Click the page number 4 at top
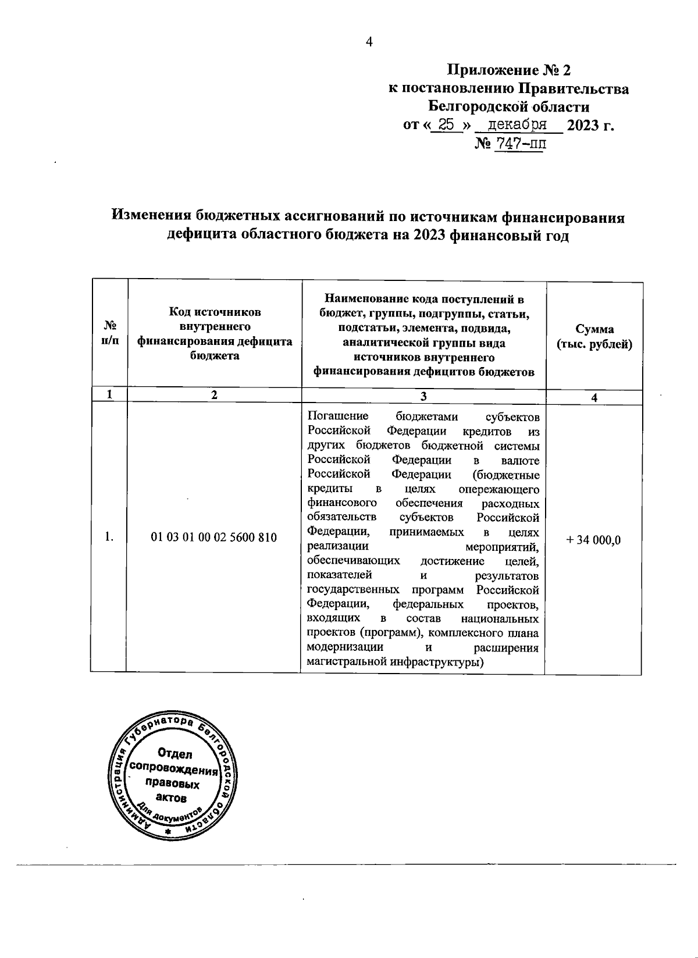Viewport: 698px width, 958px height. (x=368, y=42)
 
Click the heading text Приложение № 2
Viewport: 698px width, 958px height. (x=508, y=71)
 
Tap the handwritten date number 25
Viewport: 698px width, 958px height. (x=447, y=124)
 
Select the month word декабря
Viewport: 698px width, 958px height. (x=517, y=124)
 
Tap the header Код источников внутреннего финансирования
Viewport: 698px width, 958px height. (x=215, y=334)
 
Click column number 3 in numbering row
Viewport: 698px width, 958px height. (x=423, y=396)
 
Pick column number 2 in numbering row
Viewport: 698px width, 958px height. (x=215, y=395)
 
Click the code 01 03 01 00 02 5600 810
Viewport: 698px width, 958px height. (x=213, y=537)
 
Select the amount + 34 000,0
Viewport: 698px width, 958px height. (x=593, y=540)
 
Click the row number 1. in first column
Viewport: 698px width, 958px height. (x=109, y=537)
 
